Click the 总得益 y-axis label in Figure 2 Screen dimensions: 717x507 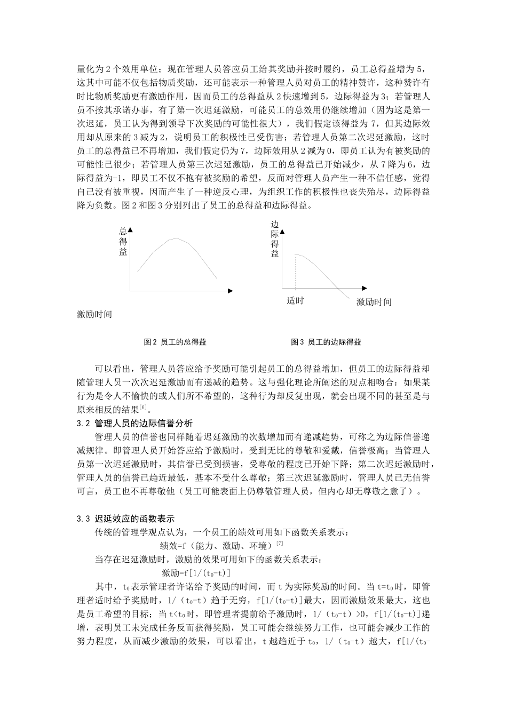coord(123,242)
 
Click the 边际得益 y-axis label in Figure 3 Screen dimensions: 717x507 coord(275,239)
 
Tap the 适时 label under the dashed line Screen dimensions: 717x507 coord(295,301)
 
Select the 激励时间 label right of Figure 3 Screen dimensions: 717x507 coord(374,302)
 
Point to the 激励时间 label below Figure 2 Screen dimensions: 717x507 coord(94,314)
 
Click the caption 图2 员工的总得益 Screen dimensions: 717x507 coord(175,342)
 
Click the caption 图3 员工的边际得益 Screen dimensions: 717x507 coord(326,342)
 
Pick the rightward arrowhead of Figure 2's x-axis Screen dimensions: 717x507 coord(230,291)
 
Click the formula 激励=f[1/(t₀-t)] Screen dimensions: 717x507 coord(195,572)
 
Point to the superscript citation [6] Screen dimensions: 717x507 coord(143,408)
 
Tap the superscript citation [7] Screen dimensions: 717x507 coord(279,544)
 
